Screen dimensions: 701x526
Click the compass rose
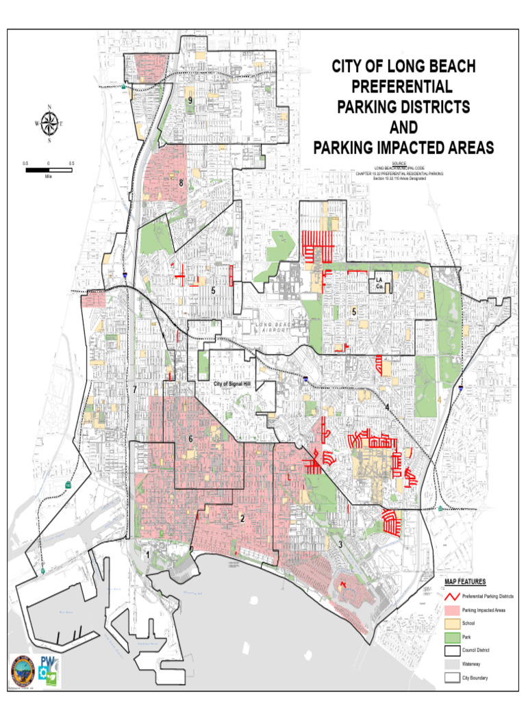tap(49, 123)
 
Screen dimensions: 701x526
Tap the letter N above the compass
tap(49, 107)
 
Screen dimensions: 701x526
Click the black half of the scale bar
tap(37, 169)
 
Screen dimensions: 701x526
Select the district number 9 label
tap(190, 101)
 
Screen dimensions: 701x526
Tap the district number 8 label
tap(181, 183)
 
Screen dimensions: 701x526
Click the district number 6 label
tap(190, 439)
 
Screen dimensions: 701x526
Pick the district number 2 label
tap(242, 518)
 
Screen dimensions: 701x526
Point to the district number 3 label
tap(340, 544)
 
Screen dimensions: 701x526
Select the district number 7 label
tap(135, 390)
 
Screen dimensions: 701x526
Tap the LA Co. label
tap(379, 283)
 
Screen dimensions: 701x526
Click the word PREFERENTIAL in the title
tap(403, 87)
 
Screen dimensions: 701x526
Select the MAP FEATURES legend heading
tap(465, 582)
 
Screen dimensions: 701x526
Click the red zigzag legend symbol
tap(450, 596)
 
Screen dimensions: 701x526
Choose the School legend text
tap(469, 623)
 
